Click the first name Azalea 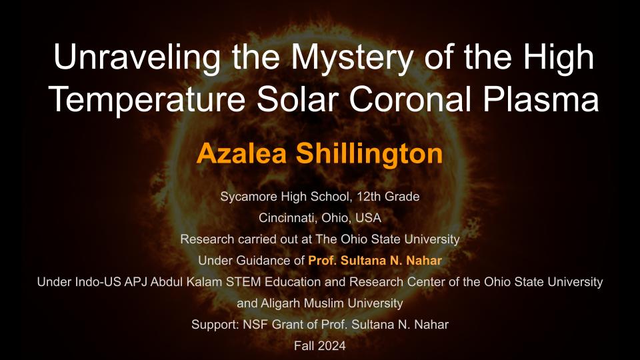click(x=241, y=153)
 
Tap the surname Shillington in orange click(x=369, y=154)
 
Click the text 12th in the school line click(x=369, y=196)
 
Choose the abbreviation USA click(x=368, y=218)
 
